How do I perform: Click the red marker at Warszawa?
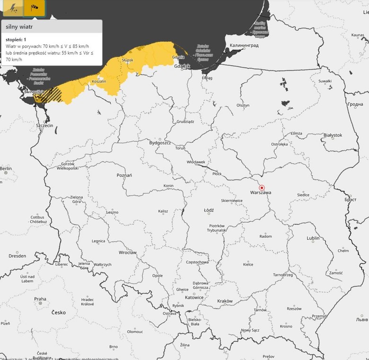(262, 187)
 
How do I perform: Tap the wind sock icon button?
(35, 8)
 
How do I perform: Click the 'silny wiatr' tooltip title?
(19, 27)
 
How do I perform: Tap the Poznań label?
(124, 175)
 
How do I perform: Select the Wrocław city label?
(128, 252)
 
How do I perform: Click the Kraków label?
(225, 301)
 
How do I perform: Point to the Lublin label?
(313, 238)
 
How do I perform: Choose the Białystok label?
(332, 135)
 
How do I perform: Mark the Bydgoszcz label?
(160, 142)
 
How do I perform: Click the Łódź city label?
(209, 210)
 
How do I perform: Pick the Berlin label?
(6, 168)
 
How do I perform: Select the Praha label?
(40, 299)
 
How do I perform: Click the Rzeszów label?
(294, 308)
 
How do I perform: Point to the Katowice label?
(194, 297)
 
